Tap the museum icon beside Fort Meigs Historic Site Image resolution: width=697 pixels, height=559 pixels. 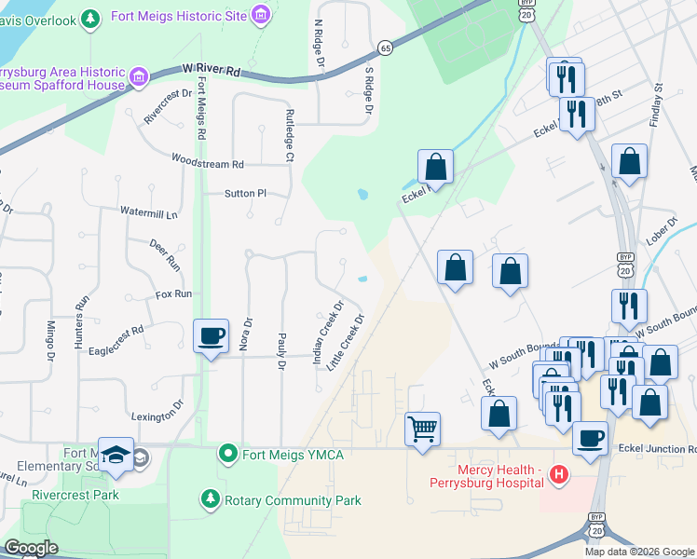click(x=262, y=15)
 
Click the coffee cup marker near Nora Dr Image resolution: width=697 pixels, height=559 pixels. click(x=212, y=335)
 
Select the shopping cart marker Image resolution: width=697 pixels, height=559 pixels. click(x=423, y=429)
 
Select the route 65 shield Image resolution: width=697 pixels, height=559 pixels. click(x=385, y=48)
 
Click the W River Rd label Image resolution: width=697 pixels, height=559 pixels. click(x=212, y=70)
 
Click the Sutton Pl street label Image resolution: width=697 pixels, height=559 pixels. click(x=245, y=194)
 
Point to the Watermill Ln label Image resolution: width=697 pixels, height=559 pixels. click(x=148, y=213)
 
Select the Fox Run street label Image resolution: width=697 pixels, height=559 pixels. click(x=173, y=293)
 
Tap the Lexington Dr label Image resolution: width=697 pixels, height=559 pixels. click(x=157, y=416)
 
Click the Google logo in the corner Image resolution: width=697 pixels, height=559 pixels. click(x=30, y=548)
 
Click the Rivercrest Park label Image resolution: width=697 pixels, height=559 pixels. click(x=75, y=495)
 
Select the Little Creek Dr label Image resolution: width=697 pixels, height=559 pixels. click(x=345, y=342)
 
